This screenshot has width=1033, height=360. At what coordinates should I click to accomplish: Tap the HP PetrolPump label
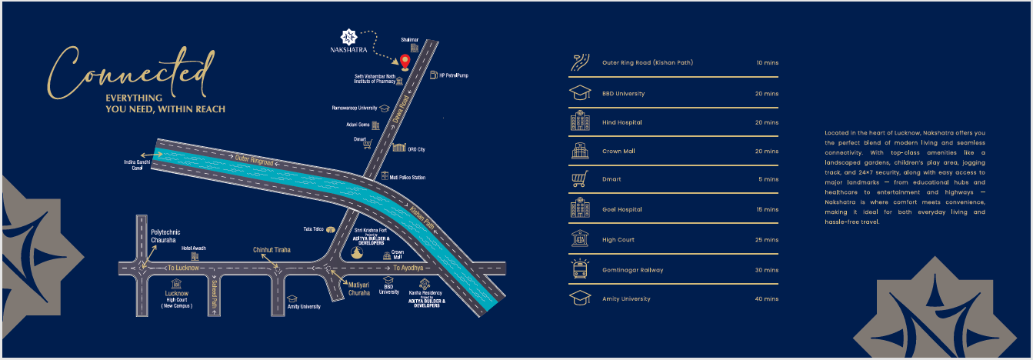coord(454,75)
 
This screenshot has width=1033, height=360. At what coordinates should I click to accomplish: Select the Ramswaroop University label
coord(355,108)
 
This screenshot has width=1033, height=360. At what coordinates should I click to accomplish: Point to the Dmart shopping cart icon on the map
coord(368,144)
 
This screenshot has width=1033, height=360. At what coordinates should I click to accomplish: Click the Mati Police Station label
coord(408,178)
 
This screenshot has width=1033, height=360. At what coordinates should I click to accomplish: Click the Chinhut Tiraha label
coord(272,250)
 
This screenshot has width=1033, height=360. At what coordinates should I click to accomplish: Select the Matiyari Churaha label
coord(359,288)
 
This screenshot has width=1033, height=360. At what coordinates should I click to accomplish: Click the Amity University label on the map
coord(304,306)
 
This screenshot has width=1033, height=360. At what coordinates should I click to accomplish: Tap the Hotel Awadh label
coord(193,248)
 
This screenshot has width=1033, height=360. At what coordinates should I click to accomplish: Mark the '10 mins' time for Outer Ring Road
coord(767,62)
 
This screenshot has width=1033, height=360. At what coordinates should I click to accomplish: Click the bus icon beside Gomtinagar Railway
coord(579,269)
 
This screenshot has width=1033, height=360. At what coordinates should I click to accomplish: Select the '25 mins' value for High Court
coord(767,240)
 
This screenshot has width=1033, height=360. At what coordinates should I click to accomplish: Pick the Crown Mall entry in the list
coord(618,152)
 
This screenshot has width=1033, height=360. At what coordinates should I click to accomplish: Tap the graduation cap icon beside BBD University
coord(579,94)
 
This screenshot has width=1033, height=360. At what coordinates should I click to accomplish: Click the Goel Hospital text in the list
coord(621,209)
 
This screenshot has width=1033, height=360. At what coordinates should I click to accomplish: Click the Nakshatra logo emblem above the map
coord(349,35)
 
